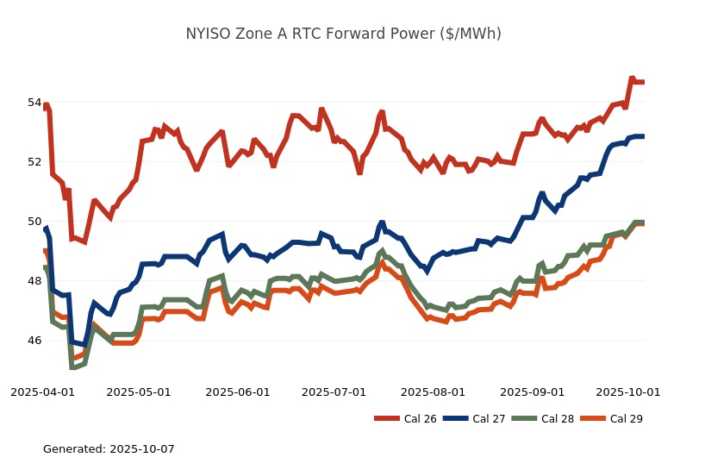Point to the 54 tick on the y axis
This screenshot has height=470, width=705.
point(34,103)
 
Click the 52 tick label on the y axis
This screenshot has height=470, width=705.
point(34,162)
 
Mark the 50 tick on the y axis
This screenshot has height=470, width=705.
point(34,222)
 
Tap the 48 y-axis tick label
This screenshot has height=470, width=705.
point(34,281)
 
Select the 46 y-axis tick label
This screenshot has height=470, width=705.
point(34,341)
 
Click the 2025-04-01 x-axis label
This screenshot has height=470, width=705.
point(42,392)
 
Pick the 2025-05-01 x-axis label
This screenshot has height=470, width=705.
point(139,392)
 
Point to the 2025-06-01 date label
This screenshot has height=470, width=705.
point(238,392)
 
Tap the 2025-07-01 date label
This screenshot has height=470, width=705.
point(334,392)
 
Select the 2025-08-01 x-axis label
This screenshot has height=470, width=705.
point(433,392)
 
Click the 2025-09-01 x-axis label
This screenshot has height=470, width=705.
point(532,392)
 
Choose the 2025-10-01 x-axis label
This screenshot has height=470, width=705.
point(628,392)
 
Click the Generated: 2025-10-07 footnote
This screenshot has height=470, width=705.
point(109,449)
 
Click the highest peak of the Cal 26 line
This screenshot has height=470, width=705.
point(632,78)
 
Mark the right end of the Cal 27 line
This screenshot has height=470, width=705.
point(643,136)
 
